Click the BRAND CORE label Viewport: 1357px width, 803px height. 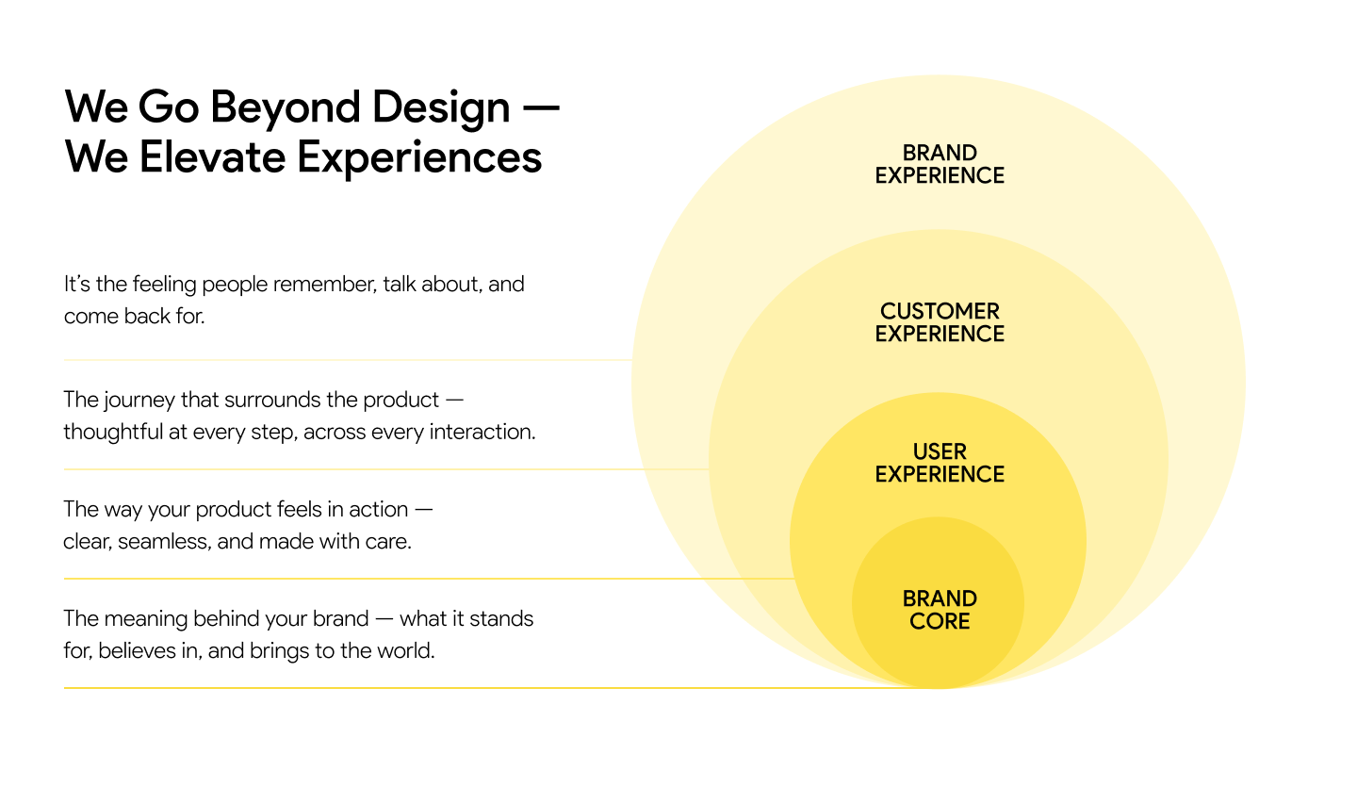click(940, 610)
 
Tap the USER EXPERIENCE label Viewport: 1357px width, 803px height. click(940, 463)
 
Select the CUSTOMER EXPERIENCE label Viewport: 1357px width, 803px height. click(940, 322)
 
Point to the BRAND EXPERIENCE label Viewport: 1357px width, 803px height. click(940, 164)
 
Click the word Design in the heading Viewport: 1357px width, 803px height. click(440, 108)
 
